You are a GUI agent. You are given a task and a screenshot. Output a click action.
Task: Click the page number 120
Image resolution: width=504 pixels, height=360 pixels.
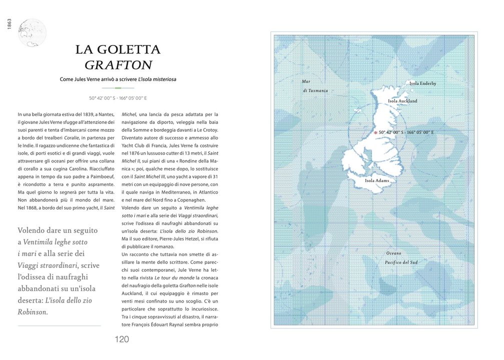coord(122,339)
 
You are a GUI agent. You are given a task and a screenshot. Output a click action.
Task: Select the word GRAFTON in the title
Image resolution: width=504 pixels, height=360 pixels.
coord(118,65)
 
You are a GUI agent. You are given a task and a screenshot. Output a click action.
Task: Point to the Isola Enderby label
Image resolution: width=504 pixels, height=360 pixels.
coord(422,83)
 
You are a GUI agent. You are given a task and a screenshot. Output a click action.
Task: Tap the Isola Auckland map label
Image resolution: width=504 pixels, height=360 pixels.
coord(402,101)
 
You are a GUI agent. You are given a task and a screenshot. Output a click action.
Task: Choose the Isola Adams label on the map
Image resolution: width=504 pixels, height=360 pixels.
coord(377,180)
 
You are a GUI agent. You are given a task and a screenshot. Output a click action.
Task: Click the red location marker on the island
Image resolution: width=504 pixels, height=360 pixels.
coord(375,132)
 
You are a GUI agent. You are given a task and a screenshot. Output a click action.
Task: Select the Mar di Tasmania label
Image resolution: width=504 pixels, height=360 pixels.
coord(315,86)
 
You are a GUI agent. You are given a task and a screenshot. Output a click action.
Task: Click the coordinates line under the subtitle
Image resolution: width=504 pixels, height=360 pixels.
coord(118,98)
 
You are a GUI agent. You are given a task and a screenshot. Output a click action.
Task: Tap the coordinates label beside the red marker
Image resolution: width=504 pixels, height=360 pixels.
coord(406,132)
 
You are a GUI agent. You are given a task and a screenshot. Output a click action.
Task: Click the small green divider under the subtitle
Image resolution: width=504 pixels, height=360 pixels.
coord(118,88)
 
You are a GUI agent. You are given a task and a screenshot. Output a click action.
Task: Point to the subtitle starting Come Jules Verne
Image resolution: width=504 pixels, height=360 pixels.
coord(118,79)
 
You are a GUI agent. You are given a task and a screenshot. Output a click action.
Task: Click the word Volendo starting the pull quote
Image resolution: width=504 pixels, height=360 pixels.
coord(32,230)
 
